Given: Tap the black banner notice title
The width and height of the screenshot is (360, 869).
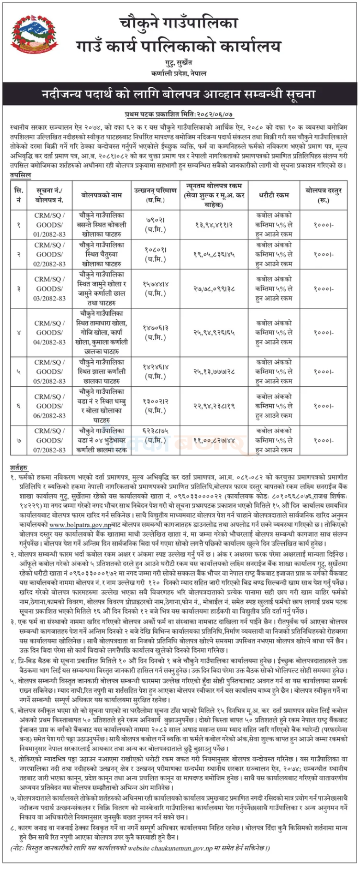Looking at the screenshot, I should (x=180, y=95).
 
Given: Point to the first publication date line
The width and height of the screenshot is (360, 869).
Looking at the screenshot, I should (x=180, y=114).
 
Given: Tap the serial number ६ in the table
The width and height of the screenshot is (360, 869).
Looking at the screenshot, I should (x=18, y=406).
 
